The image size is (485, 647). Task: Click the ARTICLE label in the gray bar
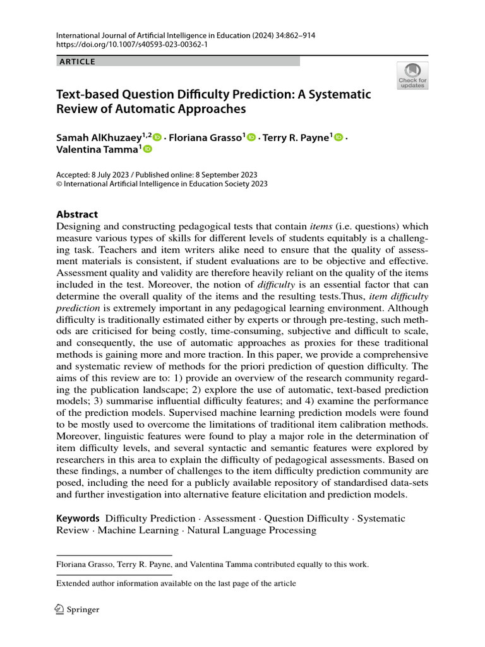point(76,61)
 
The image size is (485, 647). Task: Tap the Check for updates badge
point(412,75)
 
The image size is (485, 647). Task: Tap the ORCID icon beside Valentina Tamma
point(148,149)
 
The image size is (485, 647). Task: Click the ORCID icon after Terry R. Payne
point(338,138)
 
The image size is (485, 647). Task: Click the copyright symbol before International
point(59,184)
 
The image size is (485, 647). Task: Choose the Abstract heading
point(77,214)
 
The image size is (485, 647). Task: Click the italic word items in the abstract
point(322,226)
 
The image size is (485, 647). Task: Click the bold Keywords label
point(78,518)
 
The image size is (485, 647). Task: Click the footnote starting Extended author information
point(176,583)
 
